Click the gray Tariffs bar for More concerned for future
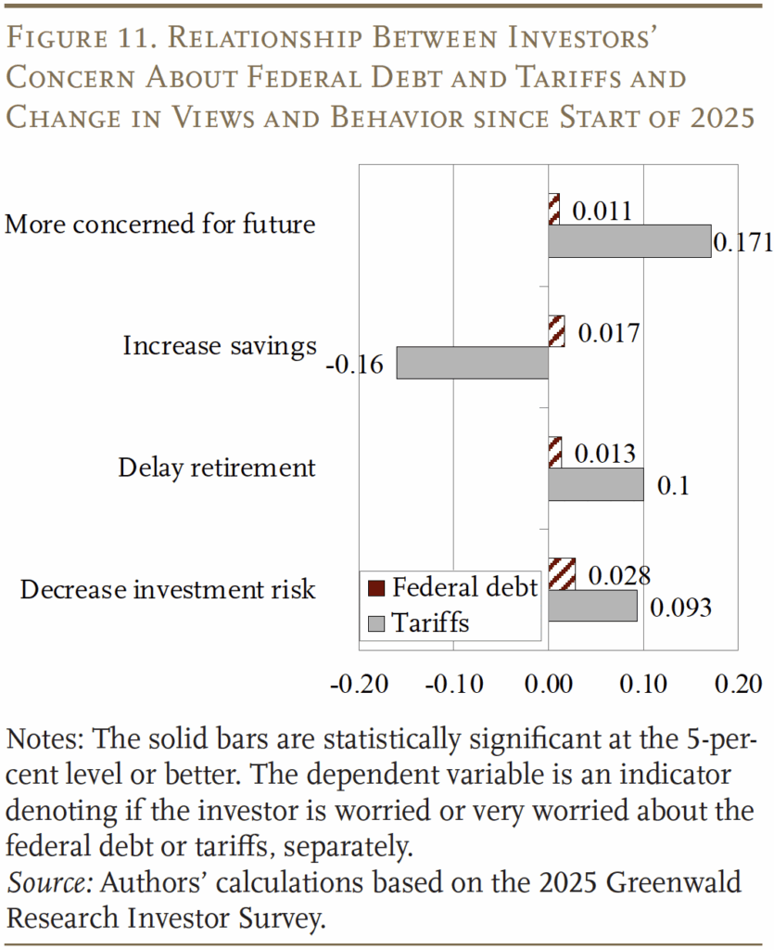point(628,240)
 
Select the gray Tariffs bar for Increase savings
point(472,363)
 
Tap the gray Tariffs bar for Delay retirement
point(595,484)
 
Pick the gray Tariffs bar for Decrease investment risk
point(592,606)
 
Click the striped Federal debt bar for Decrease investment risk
point(562,574)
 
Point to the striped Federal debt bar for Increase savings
point(556,331)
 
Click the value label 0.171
point(742,242)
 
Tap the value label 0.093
point(680,608)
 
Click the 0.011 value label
point(602,211)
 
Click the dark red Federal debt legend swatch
point(374,588)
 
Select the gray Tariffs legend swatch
point(374,623)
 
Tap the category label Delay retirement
point(217,468)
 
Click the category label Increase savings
point(220,346)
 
